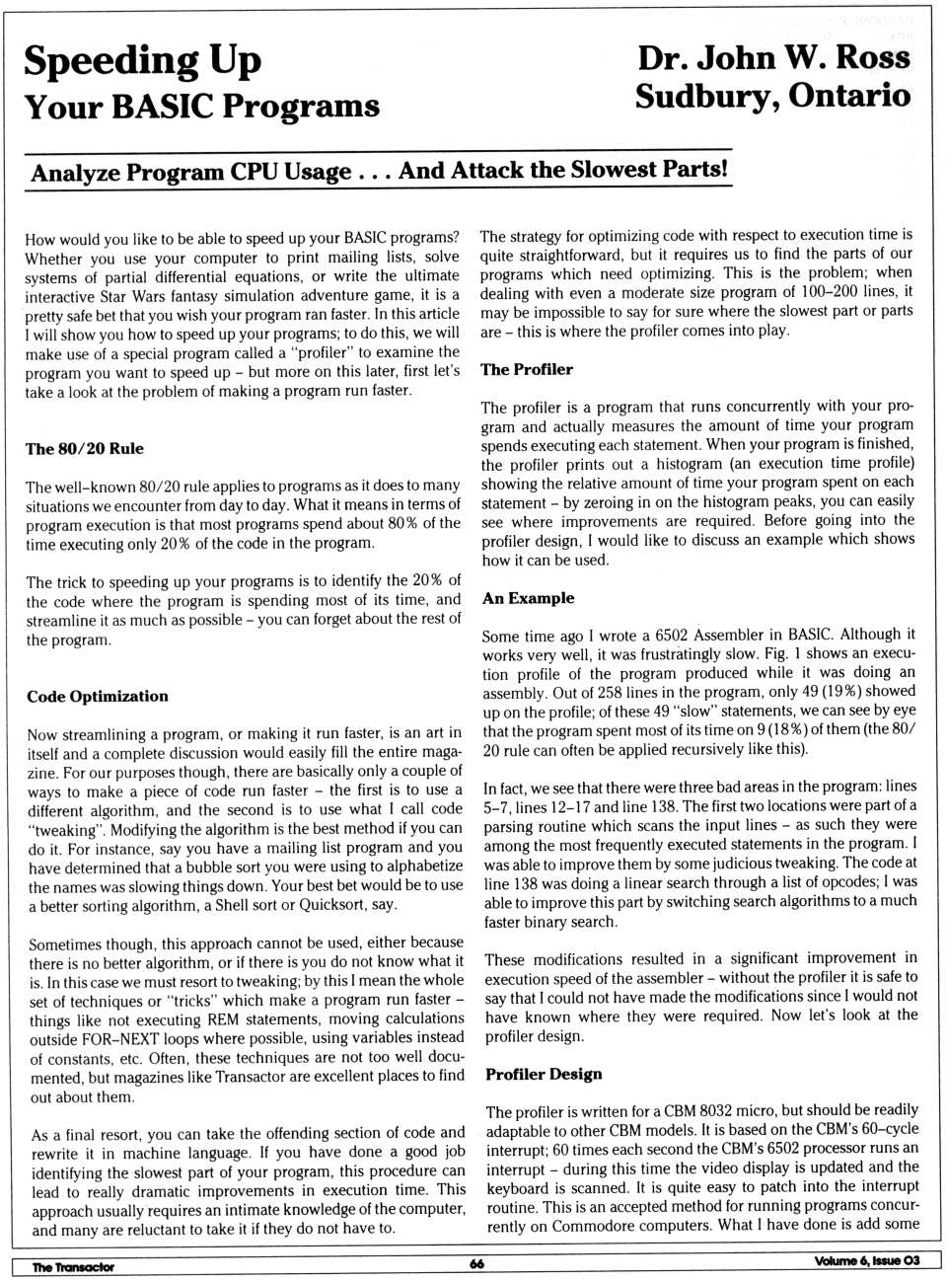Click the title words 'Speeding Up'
[142, 61]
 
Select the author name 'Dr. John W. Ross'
[773, 58]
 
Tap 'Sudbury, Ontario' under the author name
[772, 97]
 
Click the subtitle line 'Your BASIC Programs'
[201, 107]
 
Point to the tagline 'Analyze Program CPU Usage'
[190, 173]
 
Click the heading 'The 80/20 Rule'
[85, 449]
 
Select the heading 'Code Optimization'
[98, 697]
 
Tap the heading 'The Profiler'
[527, 370]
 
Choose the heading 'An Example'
[528, 598]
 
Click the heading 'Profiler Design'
[544, 1075]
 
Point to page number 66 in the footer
[476, 1264]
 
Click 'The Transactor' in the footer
[73, 1267]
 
